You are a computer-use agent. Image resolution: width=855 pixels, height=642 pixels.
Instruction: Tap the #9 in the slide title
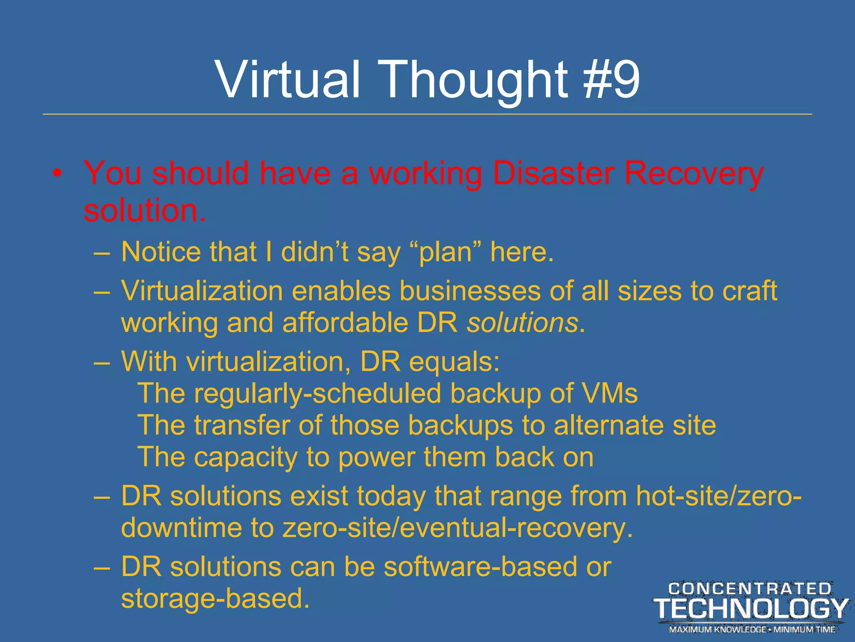click(611, 79)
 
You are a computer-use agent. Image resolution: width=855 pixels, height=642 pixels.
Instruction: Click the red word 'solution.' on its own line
click(144, 210)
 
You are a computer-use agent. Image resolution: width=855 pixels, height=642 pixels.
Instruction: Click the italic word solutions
click(522, 324)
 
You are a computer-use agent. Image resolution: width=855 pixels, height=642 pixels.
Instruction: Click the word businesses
click(470, 291)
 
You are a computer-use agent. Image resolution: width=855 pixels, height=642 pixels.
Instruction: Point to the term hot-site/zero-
click(718, 497)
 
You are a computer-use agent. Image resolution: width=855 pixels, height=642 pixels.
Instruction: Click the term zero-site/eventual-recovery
click(458, 528)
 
